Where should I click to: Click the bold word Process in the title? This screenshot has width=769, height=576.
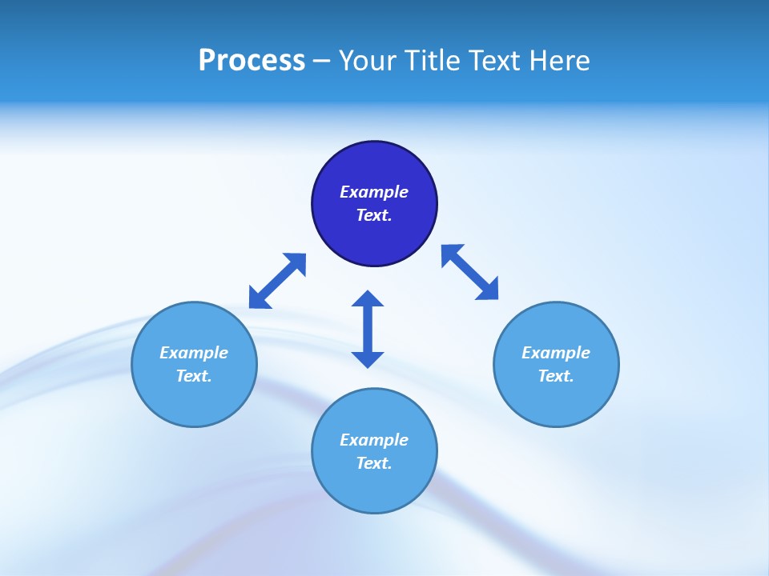[x=252, y=61]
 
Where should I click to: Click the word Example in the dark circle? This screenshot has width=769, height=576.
[x=374, y=192]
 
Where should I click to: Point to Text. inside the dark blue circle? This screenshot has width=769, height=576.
[x=374, y=215]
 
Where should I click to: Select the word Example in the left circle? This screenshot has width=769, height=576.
[x=194, y=353]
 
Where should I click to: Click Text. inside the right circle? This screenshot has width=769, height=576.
[x=556, y=376]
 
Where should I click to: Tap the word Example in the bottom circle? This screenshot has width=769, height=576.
[x=374, y=440]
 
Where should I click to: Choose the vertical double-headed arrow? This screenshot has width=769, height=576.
[x=368, y=329]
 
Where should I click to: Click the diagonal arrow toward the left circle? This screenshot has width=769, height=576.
[x=277, y=281]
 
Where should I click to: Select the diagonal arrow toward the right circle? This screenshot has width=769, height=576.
[x=469, y=272]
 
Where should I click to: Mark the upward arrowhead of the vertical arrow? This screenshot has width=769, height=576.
[x=368, y=298]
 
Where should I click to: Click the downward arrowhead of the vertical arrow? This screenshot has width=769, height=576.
[x=368, y=359]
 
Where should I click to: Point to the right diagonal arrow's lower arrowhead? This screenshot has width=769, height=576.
[x=488, y=290]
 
